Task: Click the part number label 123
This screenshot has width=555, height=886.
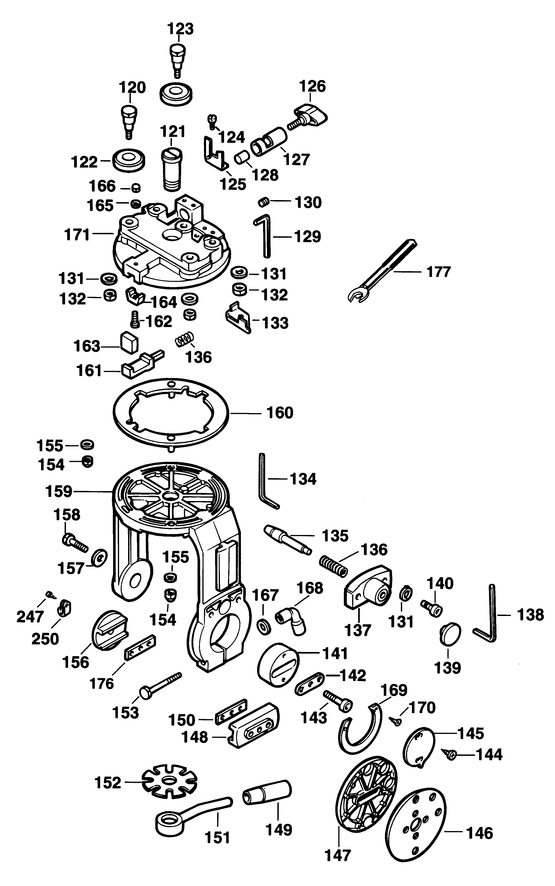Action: click(x=180, y=29)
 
